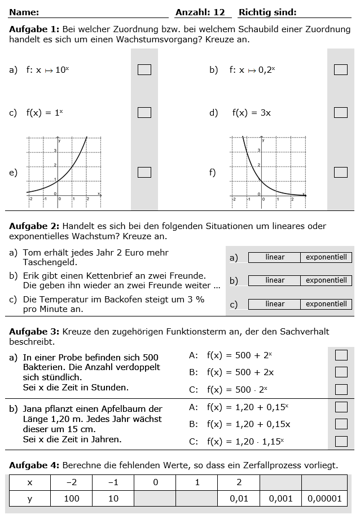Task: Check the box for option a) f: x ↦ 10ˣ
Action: click(144, 69)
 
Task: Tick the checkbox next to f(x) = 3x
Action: click(340, 112)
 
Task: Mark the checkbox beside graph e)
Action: click(144, 172)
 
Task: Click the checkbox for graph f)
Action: click(340, 172)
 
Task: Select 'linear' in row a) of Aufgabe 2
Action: click(275, 257)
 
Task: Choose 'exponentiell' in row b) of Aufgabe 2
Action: click(326, 280)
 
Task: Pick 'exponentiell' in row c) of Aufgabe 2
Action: click(326, 304)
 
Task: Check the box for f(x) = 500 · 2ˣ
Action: click(341, 389)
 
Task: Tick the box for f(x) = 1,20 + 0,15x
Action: click(341, 424)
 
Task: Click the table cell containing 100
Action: click(71, 499)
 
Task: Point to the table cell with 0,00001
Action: click(324, 499)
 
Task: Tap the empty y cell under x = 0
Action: click(155, 499)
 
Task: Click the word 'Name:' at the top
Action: click(24, 12)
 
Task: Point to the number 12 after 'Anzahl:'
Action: click(219, 12)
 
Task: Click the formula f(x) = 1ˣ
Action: click(45, 113)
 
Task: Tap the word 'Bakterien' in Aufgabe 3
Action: click(42, 367)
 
